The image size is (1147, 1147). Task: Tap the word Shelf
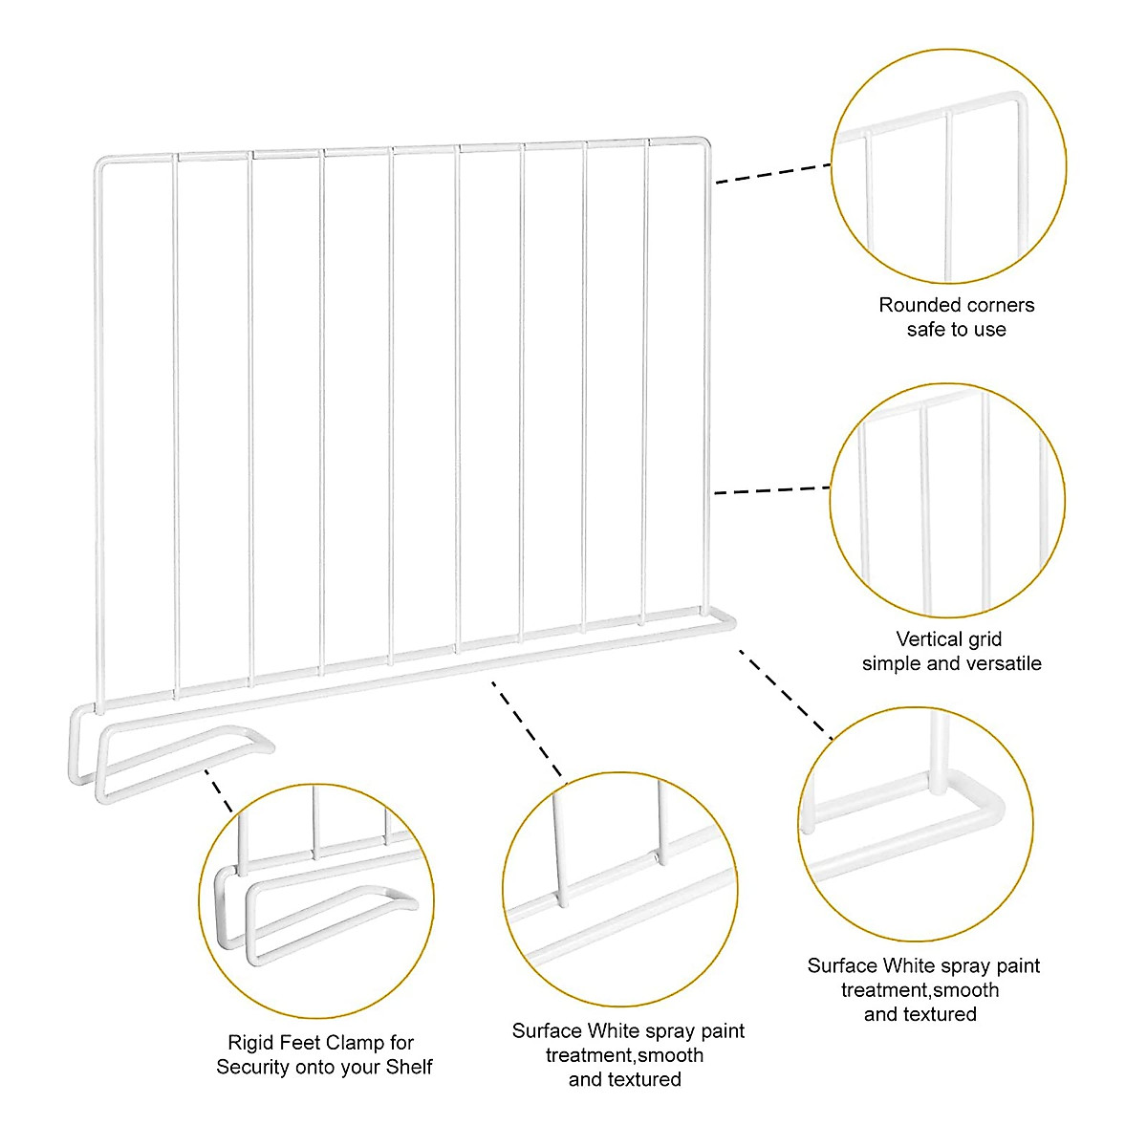tap(408, 1067)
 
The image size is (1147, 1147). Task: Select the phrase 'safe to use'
tap(956, 330)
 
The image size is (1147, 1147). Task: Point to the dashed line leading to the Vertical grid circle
tap(772, 491)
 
